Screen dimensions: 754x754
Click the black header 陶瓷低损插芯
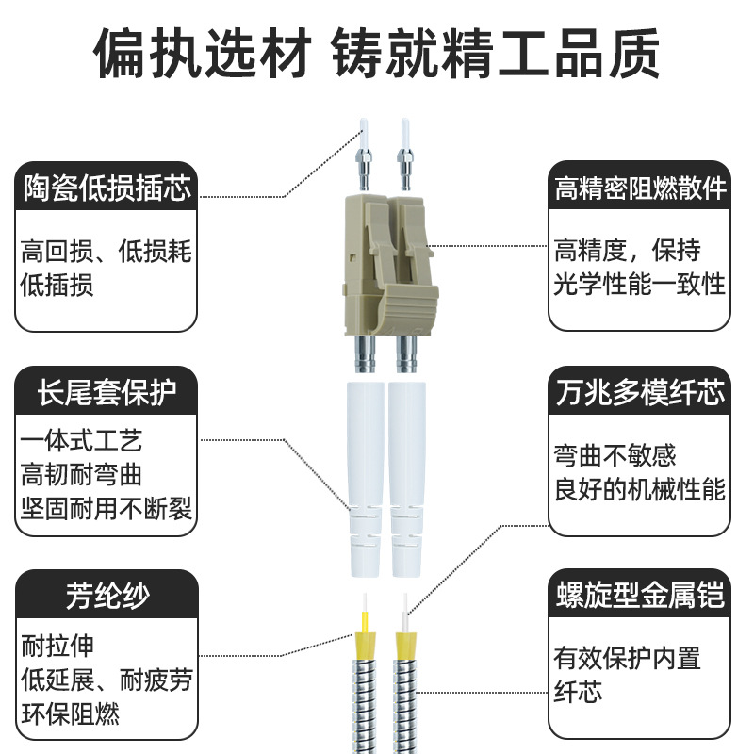tap(107, 188)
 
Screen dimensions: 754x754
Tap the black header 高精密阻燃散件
tap(641, 188)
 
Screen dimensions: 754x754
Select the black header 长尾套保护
tap(107, 391)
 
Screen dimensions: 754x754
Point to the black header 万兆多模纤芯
tap(641, 391)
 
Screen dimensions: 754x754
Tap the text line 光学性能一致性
tap(639, 284)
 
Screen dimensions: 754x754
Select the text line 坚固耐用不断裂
tap(107, 509)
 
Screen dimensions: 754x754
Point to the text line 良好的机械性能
tap(639, 489)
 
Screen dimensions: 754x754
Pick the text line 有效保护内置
tap(627, 658)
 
